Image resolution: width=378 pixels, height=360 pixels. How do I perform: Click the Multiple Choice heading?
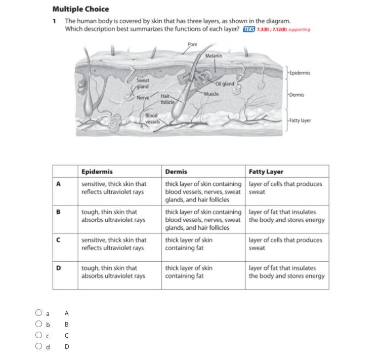pos(80,9)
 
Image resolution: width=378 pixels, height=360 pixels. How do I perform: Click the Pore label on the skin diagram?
pos(192,45)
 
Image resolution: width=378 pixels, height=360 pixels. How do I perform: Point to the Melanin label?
pos(214,56)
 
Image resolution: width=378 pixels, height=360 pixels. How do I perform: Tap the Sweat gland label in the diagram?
pos(142,84)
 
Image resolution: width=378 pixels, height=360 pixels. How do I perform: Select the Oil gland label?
pos(225,84)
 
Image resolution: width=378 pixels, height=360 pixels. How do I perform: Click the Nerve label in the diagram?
pos(143,98)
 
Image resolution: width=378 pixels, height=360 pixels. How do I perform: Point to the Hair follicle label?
pos(167,99)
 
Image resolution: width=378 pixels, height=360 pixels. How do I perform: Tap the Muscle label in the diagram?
pos(212,94)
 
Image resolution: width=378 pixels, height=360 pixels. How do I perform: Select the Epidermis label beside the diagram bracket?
pos(300,73)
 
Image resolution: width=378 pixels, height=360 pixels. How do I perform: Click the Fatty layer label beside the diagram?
pos(300,121)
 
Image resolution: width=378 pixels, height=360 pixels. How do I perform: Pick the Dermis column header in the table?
pos(176,172)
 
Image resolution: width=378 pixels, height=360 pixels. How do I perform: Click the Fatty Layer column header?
pos(266,172)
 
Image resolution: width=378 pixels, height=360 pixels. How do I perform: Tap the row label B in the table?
pos(59,212)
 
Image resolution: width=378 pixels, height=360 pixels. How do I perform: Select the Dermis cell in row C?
pos(189,244)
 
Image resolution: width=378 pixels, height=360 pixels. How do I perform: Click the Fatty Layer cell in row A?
pos(285,188)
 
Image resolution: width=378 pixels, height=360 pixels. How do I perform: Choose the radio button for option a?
pos(39,313)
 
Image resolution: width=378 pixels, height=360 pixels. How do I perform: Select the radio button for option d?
pos(39,346)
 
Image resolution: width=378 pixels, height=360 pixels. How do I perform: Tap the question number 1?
pos(54,21)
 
